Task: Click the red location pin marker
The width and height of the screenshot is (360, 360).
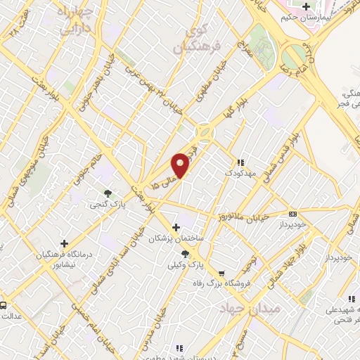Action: (x=181, y=165)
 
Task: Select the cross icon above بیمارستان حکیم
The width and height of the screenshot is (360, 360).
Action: (x=306, y=8)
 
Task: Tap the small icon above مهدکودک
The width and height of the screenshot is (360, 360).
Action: (x=241, y=161)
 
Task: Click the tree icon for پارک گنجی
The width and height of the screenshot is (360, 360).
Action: (x=108, y=193)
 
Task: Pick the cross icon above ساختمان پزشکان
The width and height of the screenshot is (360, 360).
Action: (x=176, y=227)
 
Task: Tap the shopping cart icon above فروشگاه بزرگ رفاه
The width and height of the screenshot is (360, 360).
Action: (x=222, y=274)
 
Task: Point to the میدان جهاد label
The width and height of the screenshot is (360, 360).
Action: (x=250, y=308)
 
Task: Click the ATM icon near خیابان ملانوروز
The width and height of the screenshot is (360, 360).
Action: (x=293, y=214)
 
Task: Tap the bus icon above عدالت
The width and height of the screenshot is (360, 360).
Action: (x=4, y=305)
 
